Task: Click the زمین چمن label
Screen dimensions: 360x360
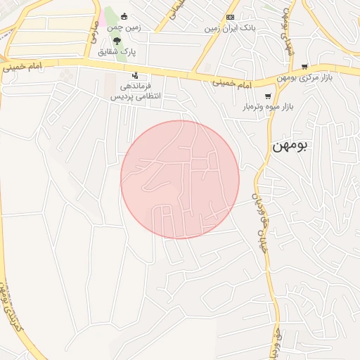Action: coord(124,27)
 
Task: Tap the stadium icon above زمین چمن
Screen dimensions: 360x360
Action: coord(124,16)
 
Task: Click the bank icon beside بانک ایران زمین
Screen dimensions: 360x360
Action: coord(230,17)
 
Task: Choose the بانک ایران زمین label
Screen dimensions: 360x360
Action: coord(229,28)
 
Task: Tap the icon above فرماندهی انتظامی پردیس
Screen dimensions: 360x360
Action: coord(134,75)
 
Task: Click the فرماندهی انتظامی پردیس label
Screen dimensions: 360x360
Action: coord(136,90)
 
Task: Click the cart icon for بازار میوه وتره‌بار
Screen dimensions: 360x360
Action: coord(267,96)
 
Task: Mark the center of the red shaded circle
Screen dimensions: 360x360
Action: coord(180,180)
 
